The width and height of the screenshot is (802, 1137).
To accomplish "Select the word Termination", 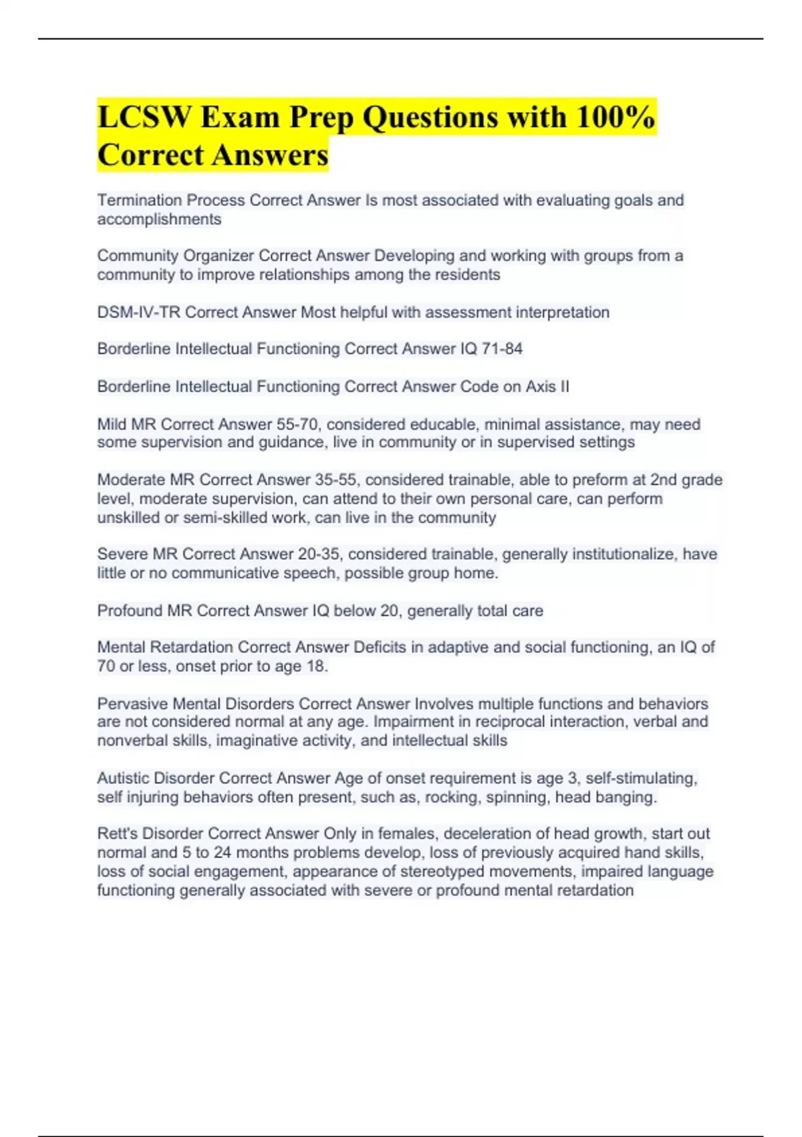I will pyautogui.click(x=140, y=200).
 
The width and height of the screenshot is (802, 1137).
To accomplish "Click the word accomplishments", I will pyautogui.click(x=159, y=219).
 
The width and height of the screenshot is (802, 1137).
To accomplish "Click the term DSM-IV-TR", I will pyautogui.click(x=138, y=312).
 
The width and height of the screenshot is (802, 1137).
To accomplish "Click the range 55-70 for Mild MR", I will pyautogui.click(x=299, y=424).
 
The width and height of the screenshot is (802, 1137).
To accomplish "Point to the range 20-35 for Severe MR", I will pyautogui.click(x=320, y=554).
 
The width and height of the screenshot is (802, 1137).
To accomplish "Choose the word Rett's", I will pyautogui.click(x=117, y=833).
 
